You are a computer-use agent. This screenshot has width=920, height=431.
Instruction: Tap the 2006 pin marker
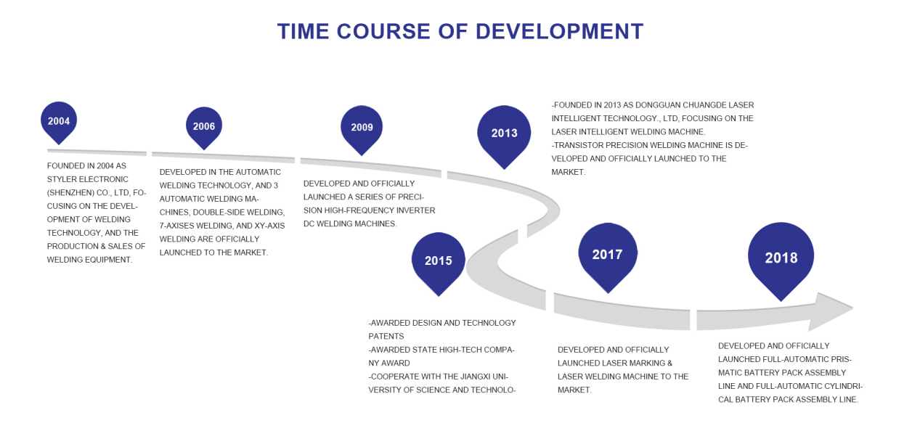(204, 127)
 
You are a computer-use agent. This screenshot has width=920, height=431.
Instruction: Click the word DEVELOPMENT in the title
(559, 32)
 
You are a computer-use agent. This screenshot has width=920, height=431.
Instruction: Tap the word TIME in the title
(303, 32)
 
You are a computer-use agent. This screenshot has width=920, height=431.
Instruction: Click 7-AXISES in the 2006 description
(176, 226)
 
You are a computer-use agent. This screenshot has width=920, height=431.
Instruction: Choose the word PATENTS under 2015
(386, 336)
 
